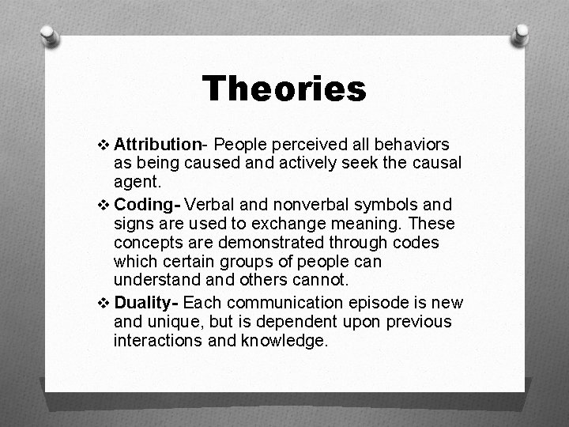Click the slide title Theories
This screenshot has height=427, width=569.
pos(284,89)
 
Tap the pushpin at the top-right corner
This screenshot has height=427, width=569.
pos(521,35)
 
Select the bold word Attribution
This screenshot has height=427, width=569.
pos(158,145)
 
